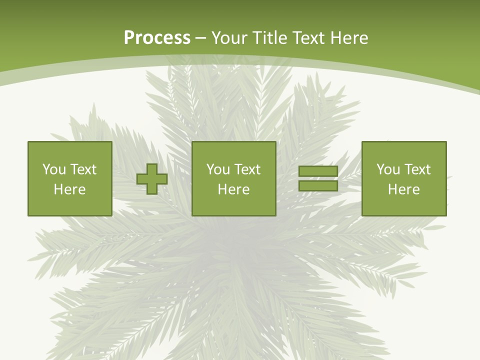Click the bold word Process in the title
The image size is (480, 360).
coord(157,38)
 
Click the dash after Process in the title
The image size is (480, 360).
coord(201,38)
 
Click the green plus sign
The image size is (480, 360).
coord(152,179)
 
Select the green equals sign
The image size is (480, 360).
coord(318,179)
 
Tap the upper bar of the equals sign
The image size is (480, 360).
coord(318,171)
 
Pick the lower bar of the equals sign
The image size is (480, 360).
coord(318,186)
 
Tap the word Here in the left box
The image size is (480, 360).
coord(69,189)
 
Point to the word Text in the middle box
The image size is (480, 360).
coord(247,169)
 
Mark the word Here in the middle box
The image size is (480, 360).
coord(233,189)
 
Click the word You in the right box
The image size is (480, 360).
coord(388,169)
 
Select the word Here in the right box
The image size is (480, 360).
coord(403,189)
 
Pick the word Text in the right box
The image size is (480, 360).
coord(417,169)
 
